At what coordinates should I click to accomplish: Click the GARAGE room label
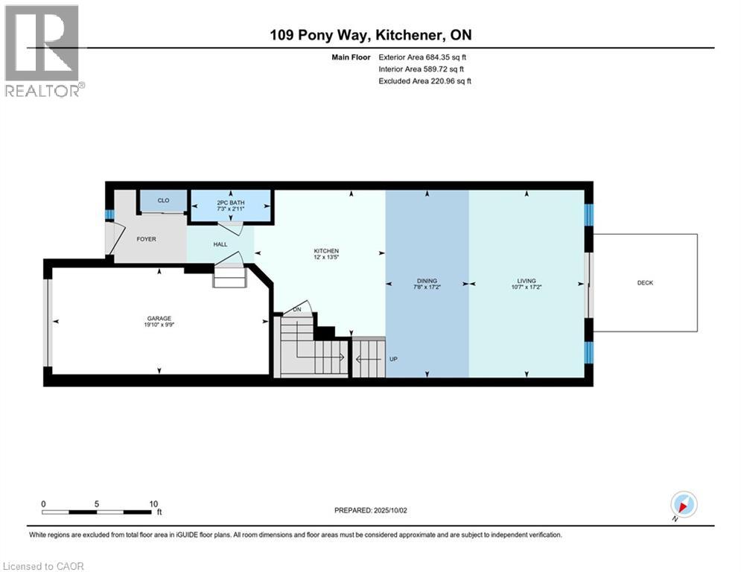coord(159,318)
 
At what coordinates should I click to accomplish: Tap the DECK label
coord(645,283)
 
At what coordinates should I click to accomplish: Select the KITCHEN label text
coord(326,250)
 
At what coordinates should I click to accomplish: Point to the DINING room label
coord(427,280)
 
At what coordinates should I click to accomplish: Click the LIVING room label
coord(527,280)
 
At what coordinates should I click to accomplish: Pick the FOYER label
coord(146,239)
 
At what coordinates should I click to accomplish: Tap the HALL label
coord(220,244)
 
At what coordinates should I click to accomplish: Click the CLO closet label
coord(163,200)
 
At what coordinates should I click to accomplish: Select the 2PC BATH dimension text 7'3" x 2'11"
coord(231,209)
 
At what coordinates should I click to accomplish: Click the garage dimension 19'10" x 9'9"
coord(159,325)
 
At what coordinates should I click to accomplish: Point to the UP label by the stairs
coord(393,359)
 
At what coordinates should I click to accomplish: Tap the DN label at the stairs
coord(297,309)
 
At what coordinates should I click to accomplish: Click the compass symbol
coord(684,504)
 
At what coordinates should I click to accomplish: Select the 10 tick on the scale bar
coord(153,504)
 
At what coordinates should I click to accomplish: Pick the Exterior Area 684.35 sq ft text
coord(422,57)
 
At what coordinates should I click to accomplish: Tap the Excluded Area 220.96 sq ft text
coord(424,81)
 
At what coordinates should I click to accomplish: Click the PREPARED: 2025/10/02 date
coord(371,510)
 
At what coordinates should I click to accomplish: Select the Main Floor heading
coord(351,57)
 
